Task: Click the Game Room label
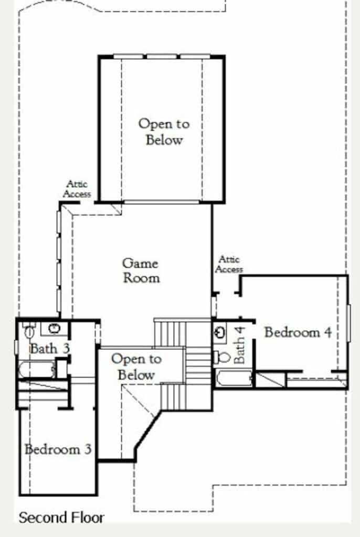(141, 271)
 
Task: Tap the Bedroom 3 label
(58, 449)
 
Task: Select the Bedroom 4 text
(298, 332)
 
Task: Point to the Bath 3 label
(50, 349)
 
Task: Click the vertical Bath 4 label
(239, 345)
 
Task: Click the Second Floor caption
(61, 518)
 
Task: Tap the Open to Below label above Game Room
(164, 132)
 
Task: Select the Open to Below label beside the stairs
(136, 367)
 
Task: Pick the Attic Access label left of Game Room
(77, 189)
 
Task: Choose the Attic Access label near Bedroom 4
(229, 264)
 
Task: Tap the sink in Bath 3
(54, 328)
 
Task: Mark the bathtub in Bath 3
(36, 370)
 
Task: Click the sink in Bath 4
(220, 332)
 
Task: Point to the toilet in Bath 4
(222, 357)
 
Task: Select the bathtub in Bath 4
(234, 378)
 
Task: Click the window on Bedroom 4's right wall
(348, 323)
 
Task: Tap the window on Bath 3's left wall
(16, 347)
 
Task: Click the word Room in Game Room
(142, 278)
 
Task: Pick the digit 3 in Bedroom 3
(88, 449)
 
